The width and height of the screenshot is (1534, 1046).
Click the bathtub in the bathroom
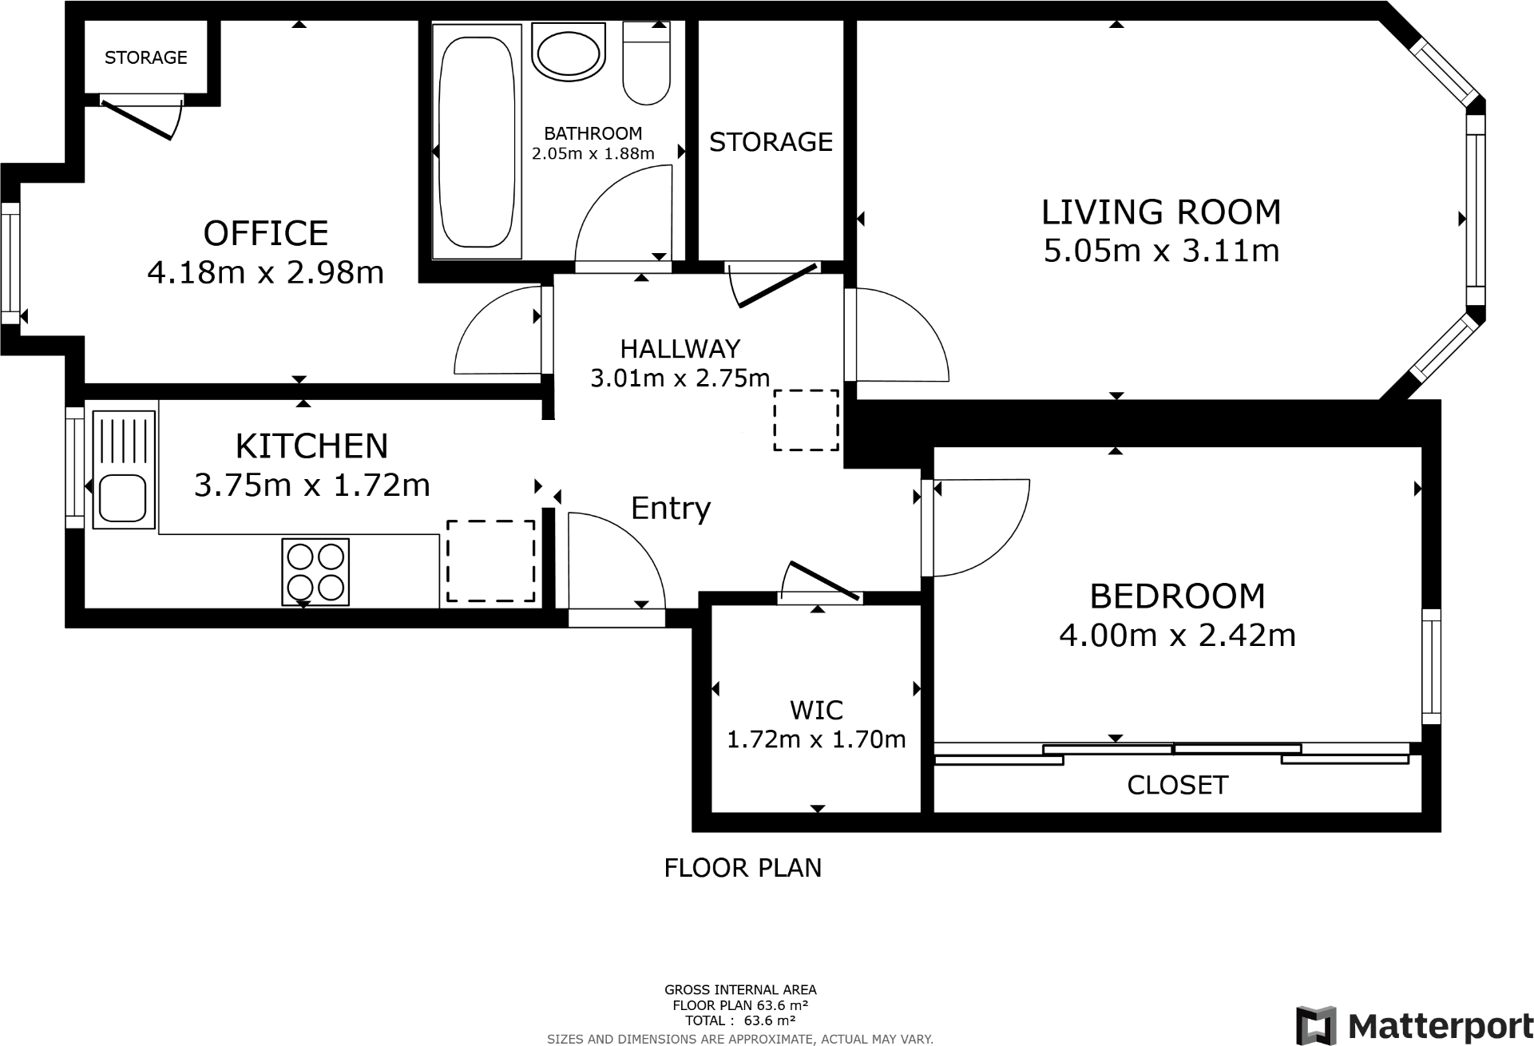[477, 141]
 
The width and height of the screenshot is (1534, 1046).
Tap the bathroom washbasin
[569, 52]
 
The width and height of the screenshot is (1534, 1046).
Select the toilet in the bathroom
[646, 62]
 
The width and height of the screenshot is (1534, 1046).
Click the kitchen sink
[124, 470]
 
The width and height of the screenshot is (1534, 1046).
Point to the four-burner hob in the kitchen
[315, 572]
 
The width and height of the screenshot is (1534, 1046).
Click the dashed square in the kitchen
[490, 561]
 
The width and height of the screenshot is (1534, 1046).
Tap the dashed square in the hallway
[806, 420]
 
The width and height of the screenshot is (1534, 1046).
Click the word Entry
[671, 509]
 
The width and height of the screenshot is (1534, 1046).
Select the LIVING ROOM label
[1161, 212]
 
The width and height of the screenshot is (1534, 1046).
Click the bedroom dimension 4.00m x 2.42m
[1177, 636]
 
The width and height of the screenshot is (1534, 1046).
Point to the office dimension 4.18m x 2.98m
[265, 273]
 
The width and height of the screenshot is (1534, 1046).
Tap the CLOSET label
[1177, 786]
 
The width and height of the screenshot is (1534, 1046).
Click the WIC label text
[816, 710]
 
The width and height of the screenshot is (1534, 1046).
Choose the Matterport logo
[1414, 1025]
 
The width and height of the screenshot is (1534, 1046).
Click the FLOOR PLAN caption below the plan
[743, 868]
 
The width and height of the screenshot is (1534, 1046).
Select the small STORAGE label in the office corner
[146, 57]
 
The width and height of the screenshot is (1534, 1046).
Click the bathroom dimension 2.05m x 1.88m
[593, 153]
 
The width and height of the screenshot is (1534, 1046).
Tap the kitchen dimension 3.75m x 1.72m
[312, 485]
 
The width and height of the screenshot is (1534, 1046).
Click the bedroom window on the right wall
[1431, 667]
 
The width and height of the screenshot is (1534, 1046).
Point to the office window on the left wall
[10, 263]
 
